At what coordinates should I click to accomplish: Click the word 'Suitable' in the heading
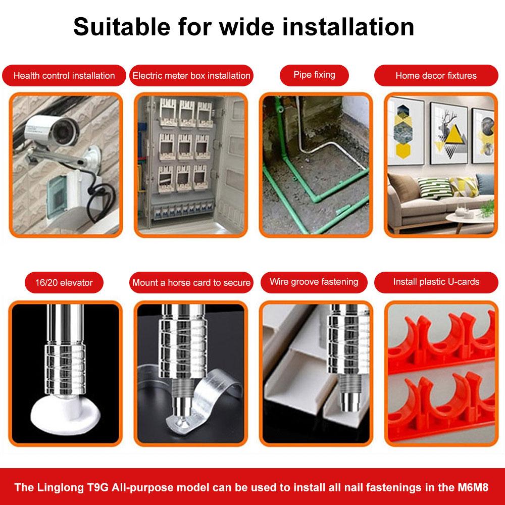(122, 27)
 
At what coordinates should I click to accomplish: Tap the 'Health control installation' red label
(64, 75)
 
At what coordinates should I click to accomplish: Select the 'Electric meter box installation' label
(191, 75)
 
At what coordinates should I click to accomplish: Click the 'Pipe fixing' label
(314, 75)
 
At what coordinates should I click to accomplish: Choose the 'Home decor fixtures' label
(436, 75)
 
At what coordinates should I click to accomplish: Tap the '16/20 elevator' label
(64, 282)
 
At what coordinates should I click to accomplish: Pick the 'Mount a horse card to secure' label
(191, 282)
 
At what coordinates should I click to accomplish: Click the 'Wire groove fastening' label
(314, 282)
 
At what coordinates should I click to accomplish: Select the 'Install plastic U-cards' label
(436, 282)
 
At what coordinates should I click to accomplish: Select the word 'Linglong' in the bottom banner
(61, 487)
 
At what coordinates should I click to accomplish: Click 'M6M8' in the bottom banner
(473, 487)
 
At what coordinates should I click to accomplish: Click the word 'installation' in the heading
(348, 27)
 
